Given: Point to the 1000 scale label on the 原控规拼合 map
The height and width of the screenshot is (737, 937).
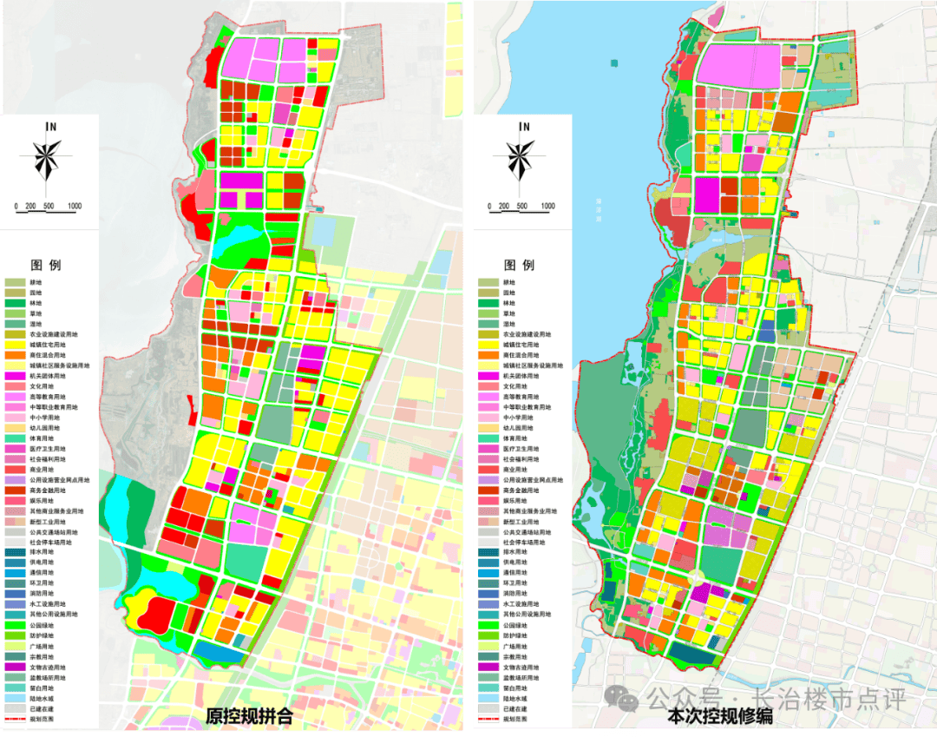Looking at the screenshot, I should (x=75, y=207).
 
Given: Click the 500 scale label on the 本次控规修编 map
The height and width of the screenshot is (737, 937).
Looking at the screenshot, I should (x=524, y=207).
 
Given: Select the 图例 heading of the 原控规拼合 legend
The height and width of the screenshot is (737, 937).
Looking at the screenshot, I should (x=46, y=265).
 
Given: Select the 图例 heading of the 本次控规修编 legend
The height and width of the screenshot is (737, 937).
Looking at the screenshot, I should (x=519, y=265).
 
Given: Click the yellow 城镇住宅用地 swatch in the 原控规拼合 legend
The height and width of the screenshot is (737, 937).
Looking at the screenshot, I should (x=15, y=345).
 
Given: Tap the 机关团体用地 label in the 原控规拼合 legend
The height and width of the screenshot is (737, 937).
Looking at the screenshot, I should (x=47, y=376).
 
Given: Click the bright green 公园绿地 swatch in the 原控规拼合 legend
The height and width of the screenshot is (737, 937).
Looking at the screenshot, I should (x=15, y=625).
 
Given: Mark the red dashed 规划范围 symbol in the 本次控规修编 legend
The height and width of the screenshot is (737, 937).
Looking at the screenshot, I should (x=488, y=719).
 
